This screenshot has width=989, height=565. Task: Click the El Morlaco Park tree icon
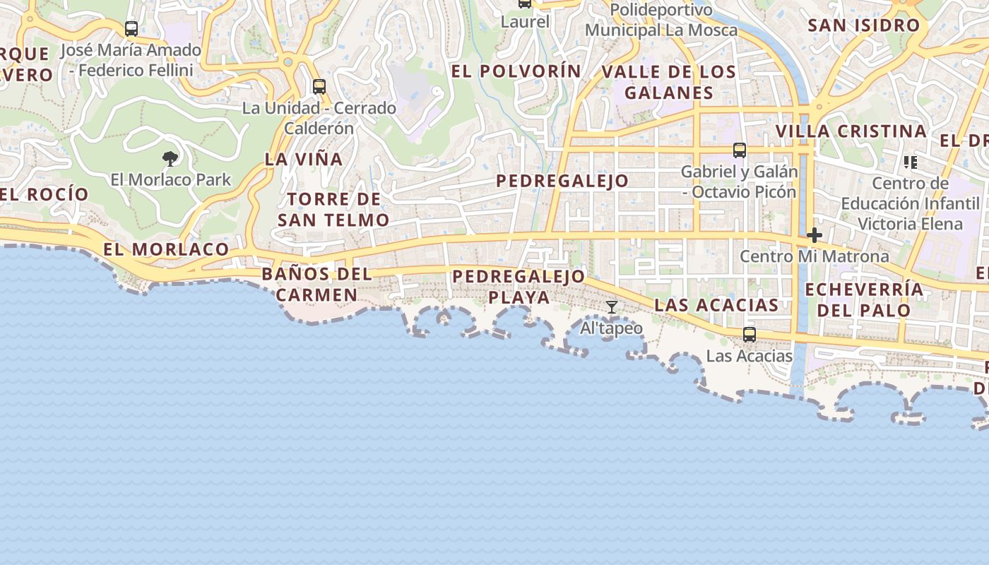point(170,158)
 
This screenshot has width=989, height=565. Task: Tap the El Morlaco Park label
point(171,179)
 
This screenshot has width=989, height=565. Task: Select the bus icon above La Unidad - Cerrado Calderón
point(319,87)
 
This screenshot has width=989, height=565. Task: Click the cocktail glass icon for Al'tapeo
point(612,307)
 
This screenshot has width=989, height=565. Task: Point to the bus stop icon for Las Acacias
point(750,335)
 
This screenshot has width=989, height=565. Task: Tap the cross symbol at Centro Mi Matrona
point(815,235)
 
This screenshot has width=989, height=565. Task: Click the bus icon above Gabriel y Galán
point(740,150)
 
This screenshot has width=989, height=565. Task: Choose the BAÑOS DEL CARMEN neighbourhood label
point(316,284)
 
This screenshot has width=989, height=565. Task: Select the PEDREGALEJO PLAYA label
point(519,287)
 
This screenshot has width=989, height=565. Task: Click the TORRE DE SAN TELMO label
point(333,210)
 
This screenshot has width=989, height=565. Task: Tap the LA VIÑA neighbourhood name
point(304,160)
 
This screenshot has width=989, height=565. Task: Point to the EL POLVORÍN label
point(516,71)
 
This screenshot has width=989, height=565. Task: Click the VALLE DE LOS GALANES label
point(669,82)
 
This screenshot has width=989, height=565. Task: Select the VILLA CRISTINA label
point(851,131)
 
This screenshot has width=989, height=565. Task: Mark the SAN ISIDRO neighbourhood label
point(864,26)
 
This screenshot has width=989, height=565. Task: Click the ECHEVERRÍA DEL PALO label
point(864,299)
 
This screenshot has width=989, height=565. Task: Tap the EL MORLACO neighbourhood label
point(166,249)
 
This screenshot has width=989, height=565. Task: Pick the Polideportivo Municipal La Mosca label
point(661,20)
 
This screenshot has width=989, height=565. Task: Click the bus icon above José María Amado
point(131,29)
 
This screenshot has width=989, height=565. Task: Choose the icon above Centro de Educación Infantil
point(910,162)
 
